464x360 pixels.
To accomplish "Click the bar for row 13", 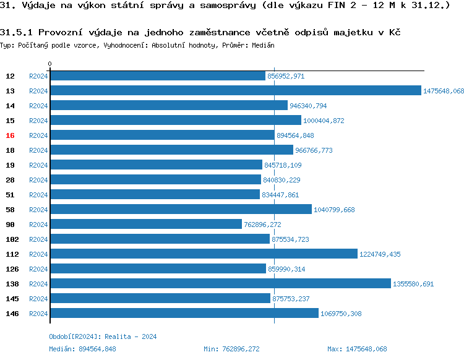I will point(235,91).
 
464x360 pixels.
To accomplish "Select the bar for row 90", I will point(145,225).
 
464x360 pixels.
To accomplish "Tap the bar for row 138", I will point(220,284).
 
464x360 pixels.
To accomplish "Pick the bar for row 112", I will point(204,254).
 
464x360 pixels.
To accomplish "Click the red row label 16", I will point(10,135).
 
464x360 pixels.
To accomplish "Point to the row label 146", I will point(12,314).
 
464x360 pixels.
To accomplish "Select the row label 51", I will point(10,195).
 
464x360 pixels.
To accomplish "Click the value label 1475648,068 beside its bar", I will point(443,91).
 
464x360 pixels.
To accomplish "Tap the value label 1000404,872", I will point(324,121).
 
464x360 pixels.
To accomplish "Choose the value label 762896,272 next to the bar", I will point(262,225).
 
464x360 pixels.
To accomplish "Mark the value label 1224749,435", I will point(379,254).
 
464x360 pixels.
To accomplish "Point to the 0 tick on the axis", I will point(50,64).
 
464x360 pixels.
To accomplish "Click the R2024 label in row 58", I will point(38,210).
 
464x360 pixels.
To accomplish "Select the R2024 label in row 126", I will point(38,269).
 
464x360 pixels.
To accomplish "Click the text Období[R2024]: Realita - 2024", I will point(103,336).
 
